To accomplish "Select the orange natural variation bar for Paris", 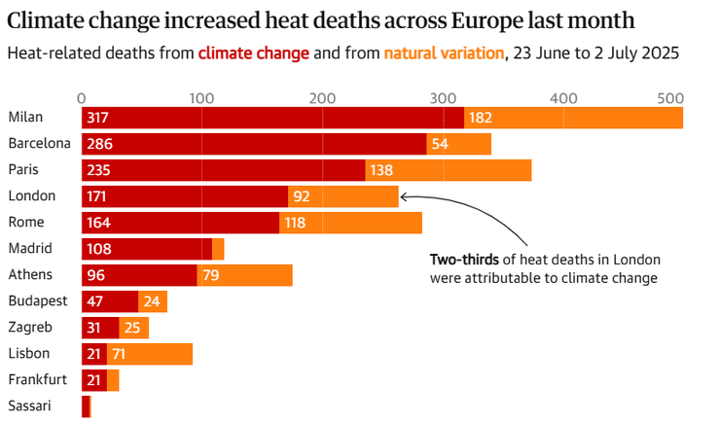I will (x=448, y=170).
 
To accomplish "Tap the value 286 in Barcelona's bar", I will (x=97, y=144).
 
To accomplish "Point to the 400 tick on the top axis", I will (x=562, y=97).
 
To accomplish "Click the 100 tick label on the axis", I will (x=201, y=97).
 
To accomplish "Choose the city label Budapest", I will (x=37, y=300).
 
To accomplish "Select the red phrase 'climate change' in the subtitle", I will (x=254, y=53).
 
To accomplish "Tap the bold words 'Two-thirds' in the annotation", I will (x=464, y=260).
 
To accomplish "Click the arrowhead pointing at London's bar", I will (x=404, y=196).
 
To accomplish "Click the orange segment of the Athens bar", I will (x=244, y=275).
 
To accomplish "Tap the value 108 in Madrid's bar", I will (x=100, y=249).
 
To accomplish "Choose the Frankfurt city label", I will (x=37, y=379).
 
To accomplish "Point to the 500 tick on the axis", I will (x=670, y=97).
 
